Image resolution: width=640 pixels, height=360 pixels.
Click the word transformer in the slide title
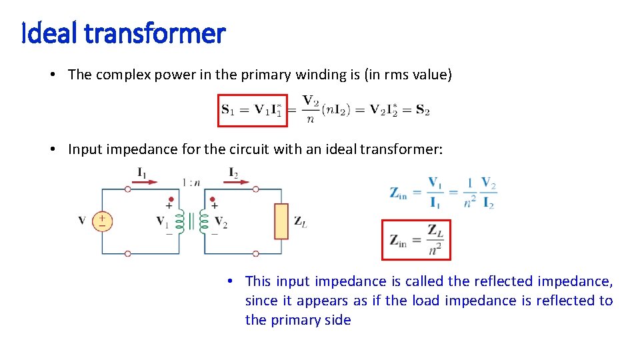[155, 33]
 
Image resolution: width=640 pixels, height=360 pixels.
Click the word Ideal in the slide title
[51, 33]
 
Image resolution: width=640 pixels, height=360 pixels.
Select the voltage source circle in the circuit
[102, 221]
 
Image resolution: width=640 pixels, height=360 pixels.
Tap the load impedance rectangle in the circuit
[281, 221]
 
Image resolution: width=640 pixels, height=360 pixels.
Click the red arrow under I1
[147, 181]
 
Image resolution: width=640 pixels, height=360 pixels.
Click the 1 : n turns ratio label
[191, 182]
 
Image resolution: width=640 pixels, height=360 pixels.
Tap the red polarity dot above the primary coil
[171, 199]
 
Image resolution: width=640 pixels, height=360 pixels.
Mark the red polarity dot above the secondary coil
[213, 199]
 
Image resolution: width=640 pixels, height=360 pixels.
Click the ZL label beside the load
[300, 222]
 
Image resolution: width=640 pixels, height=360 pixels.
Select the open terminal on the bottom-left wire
[127, 254]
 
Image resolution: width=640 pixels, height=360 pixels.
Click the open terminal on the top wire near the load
[255, 189]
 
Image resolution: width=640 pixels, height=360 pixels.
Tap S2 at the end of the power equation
[422, 111]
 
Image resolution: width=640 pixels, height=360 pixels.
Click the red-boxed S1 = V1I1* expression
[253, 111]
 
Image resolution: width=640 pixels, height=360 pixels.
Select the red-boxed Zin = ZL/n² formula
[416, 240]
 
